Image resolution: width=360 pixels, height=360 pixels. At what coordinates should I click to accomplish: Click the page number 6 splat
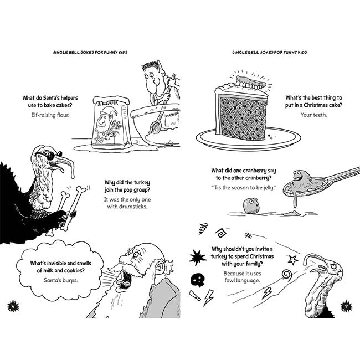point(13,306)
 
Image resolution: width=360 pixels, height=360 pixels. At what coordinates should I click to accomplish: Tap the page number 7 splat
point(346,306)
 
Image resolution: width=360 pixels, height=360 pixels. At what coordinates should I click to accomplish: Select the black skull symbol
point(198,280)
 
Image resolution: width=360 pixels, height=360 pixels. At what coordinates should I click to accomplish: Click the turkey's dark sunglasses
point(50,155)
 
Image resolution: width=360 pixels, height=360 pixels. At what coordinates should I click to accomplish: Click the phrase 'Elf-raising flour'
point(50,115)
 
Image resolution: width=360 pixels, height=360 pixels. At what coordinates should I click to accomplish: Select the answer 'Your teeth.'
point(313,115)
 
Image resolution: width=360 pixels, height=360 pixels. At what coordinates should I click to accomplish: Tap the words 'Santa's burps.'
point(61,280)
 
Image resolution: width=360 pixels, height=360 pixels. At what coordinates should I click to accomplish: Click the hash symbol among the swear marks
point(248,235)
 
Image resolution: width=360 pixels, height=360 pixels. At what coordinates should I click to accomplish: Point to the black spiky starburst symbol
point(198,257)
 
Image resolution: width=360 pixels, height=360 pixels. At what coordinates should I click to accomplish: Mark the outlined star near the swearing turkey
point(293,260)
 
